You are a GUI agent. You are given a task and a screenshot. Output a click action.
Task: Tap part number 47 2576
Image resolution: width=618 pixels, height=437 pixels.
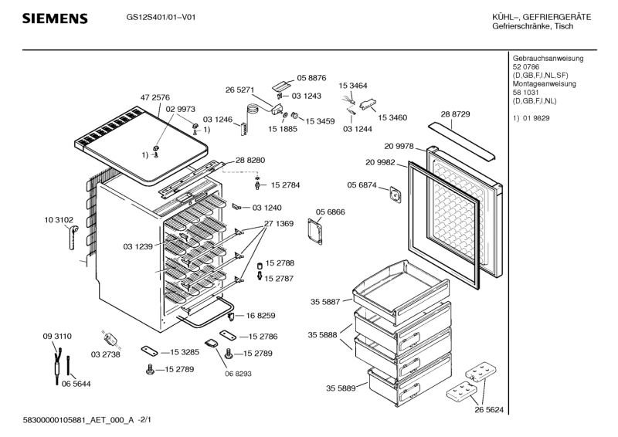coord(155,98)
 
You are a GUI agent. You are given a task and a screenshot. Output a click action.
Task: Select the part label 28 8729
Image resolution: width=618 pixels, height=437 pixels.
coord(456,114)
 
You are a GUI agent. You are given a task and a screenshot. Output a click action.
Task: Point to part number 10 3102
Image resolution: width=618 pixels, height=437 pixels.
coord(59,221)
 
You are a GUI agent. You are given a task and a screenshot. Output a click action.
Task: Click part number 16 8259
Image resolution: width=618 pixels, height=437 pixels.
coord(261,315)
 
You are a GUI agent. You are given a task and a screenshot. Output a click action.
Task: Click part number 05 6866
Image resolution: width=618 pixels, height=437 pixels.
coord(330,211)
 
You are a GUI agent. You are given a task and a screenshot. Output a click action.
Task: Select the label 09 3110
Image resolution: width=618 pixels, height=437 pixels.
coord(57,337)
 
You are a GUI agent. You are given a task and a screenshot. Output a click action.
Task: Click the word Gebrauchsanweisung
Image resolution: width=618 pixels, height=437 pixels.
coord(548,59)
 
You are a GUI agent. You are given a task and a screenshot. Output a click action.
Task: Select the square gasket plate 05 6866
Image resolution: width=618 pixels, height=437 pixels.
coord(314,231)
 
